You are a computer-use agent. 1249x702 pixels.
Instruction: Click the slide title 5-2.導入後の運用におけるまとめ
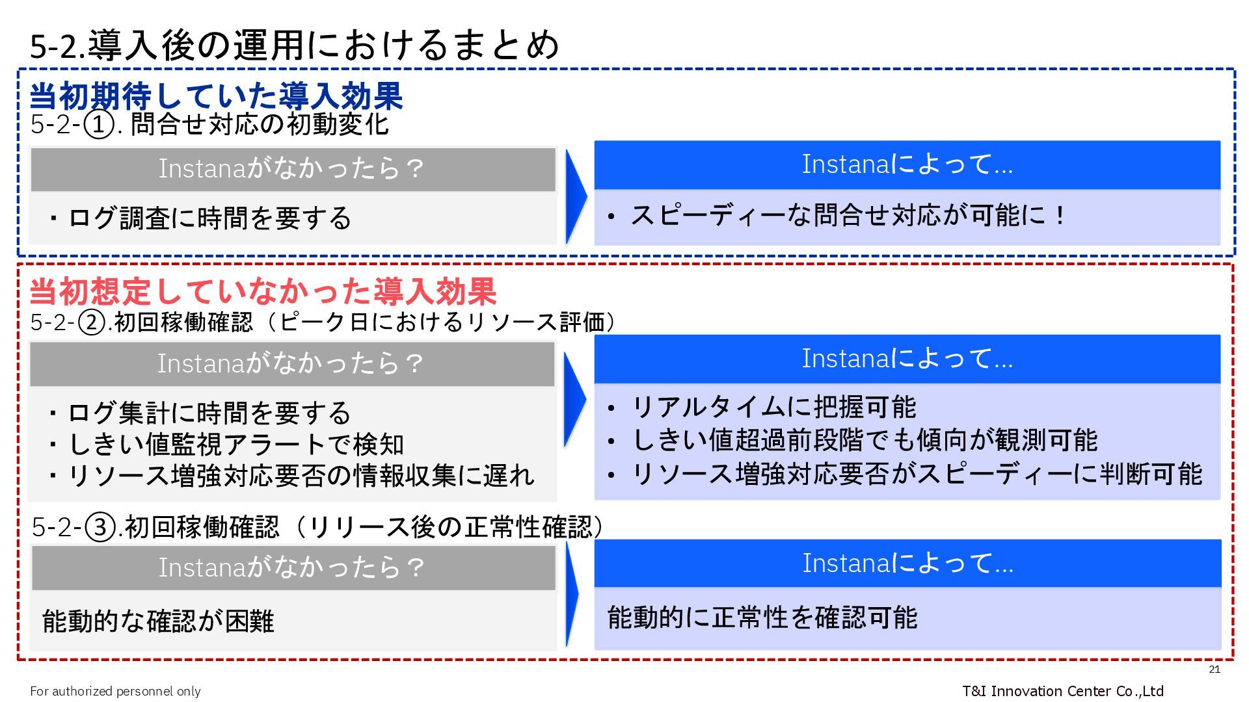pyautogui.click(x=294, y=45)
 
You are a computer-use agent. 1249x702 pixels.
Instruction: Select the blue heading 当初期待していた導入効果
pyautogui.click(x=216, y=96)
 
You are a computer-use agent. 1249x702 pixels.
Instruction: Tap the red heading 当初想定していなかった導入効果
pyautogui.click(x=263, y=291)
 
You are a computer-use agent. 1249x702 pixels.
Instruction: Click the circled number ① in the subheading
pyautogui.click(x=98, y=125)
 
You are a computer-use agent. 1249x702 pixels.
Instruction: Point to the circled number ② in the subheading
pyautogui.click(x=92, y=322)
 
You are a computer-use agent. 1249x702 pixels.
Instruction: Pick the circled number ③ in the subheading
pyautogui.click(x=100, y=527)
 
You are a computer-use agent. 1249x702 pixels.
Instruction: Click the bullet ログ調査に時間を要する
pyautogui.click(x=201, y=218)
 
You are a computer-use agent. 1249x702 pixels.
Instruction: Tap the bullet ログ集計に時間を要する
pyautogui.click(x=201, y=413)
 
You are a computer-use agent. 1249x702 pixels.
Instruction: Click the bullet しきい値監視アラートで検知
pyautogui.click(x=227, y=445)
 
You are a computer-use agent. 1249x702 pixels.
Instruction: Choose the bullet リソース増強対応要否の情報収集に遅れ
pyautogui.click(x=293, y=476)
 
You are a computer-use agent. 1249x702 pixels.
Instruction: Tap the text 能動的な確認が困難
pyautogui.click(x=158, y=621)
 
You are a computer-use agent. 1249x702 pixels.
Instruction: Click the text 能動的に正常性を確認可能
pyautogui.click(x=762, y=617)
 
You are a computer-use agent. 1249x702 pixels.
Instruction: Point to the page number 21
pyautogui.click(x=1214, y=670)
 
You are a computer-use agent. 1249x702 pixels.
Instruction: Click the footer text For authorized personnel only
pyautogui.click(x=115, y=691)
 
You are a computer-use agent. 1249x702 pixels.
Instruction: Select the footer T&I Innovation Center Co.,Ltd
pyautogui.click(x=1062, y=691)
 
